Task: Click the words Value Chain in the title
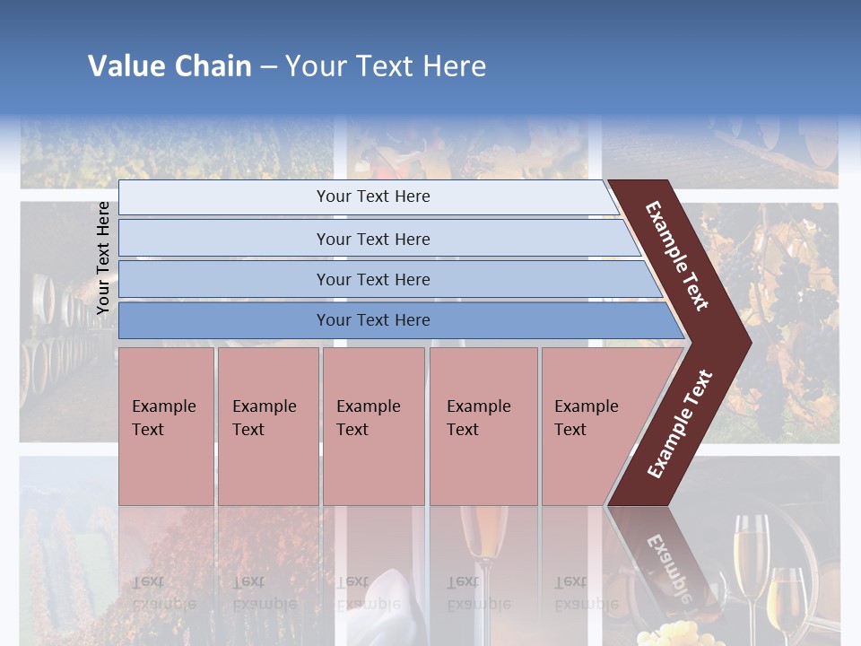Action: [170, 66]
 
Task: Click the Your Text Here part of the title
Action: [386, 66]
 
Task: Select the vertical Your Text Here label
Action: [103, 258]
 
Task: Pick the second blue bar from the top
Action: [373, 239]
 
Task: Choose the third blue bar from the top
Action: [373, 279]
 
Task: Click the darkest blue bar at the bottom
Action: [373, 320]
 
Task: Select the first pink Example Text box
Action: [166, 426]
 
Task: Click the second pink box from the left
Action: [267, 426]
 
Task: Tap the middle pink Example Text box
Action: [373, 426]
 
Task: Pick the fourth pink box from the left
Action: [483, 426]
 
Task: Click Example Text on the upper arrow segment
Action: [677, 256]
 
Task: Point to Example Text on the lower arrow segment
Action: [680, 423]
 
